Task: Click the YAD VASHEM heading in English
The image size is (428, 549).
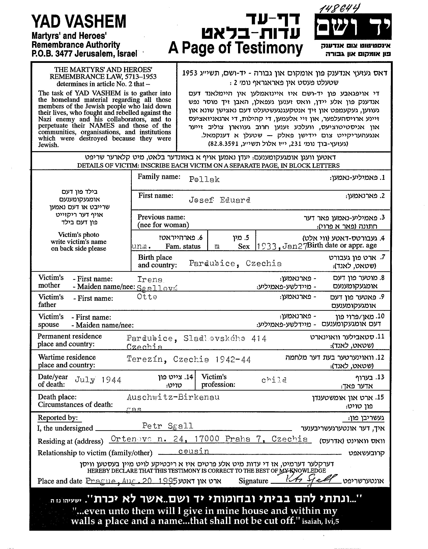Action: coord(79,22)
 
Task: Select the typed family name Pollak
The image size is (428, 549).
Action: coord(204,179)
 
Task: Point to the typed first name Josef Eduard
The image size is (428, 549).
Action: coord(219,200)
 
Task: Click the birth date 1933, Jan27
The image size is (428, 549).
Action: coord(281,246)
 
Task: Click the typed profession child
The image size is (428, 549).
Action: coord(274,380)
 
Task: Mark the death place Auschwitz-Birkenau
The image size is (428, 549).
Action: coord(173,397)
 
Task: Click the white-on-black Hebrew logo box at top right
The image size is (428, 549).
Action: coord(353,27)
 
